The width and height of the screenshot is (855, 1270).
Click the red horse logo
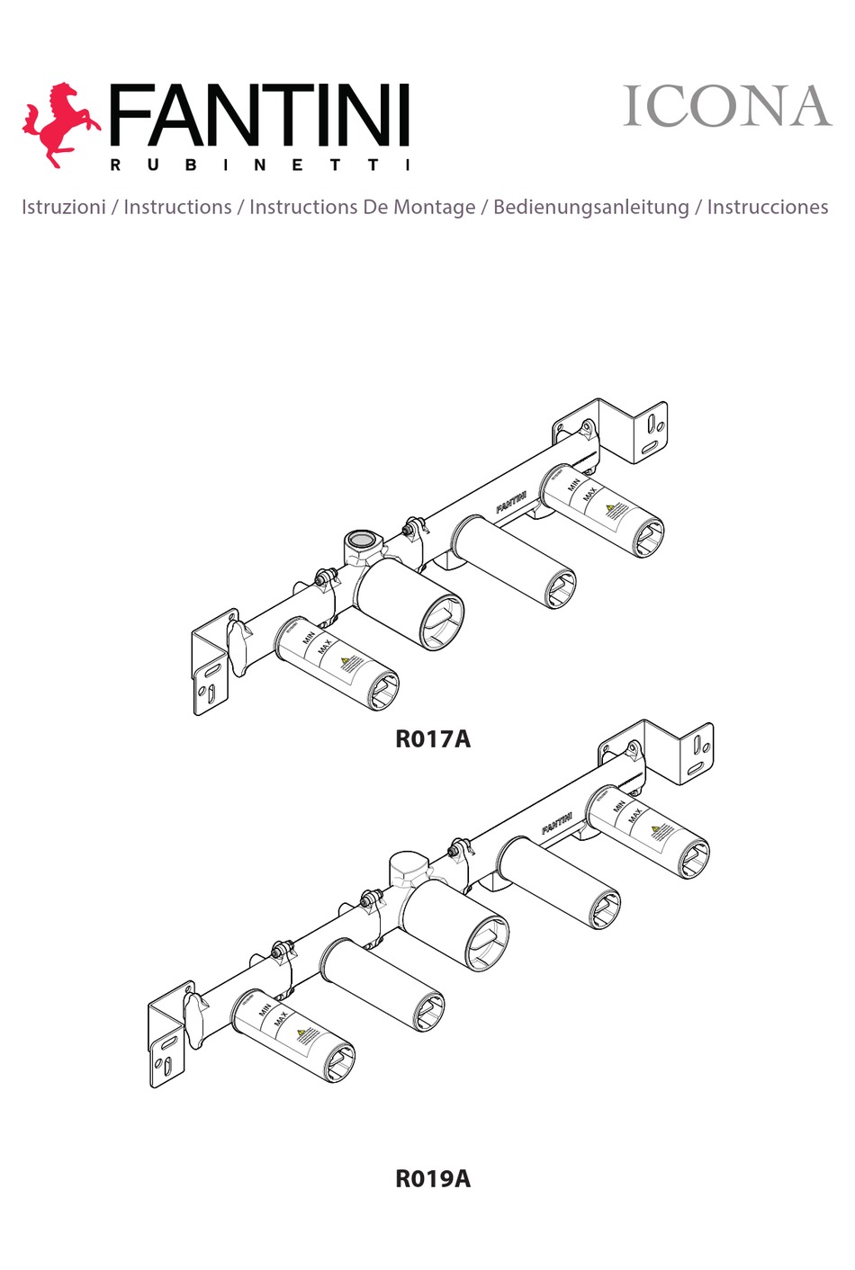tap(59, 123)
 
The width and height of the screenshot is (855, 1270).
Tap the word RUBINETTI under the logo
tap(259, 165)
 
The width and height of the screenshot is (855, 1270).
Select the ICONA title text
tap(726, 107)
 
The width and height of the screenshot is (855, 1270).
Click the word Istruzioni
tap(63, 207)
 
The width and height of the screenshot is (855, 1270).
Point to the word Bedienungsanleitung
tap(590, 207)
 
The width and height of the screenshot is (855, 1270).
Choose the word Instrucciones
tap(767, 207)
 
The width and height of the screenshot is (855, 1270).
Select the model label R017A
tap(433, 739)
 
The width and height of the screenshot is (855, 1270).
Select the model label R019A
tap(433, 1178)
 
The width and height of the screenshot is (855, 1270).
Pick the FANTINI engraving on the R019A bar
tap(557, 823)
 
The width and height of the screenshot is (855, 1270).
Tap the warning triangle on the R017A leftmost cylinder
tap(346, 663)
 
